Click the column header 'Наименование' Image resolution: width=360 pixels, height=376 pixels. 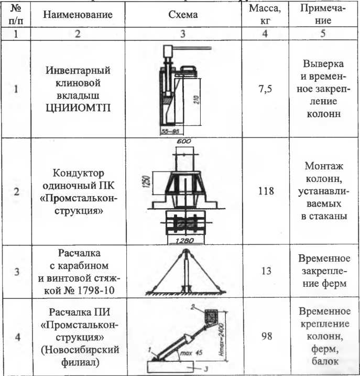[x=78, y=15]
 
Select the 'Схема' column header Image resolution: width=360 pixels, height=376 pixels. [x=183, y=15]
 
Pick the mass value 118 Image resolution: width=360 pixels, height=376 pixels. [x=266, y=191]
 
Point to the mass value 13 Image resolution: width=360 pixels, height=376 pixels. [x=265, y=272]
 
